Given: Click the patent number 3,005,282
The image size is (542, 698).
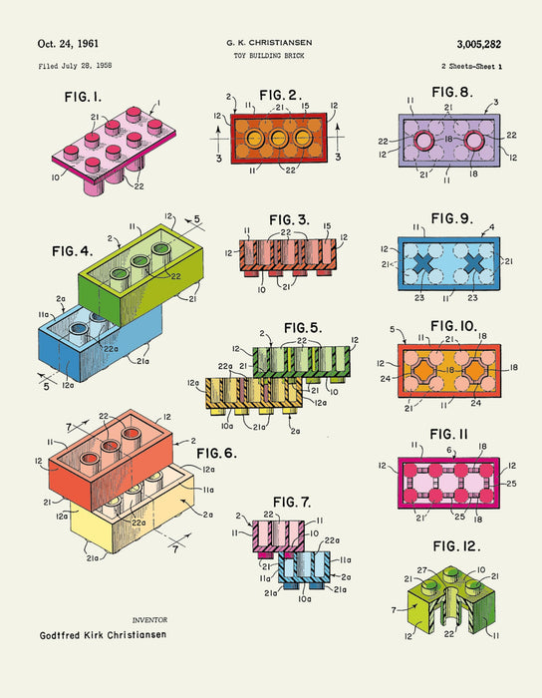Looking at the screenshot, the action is [479, 44].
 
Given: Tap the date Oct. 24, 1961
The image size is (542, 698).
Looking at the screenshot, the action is [68, 44].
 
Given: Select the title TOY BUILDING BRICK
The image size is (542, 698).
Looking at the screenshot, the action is [269, 56].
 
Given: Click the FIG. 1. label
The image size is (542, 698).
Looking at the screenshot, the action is [83, 97].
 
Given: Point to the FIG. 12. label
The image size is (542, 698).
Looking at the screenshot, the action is [456, 546].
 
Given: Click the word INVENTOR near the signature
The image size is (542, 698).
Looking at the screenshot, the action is [149, 620].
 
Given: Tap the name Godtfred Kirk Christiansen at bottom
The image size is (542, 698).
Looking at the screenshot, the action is [104, 635].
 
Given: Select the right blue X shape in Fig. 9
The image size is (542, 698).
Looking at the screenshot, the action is [474, 263].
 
